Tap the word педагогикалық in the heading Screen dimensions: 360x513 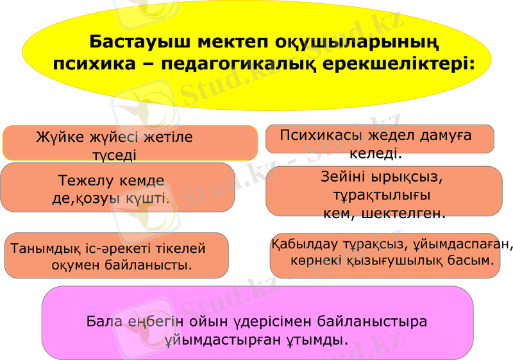tap(231, 65)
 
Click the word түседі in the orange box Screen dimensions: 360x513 tap(114, 155)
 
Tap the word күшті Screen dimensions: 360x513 tap(147, 198)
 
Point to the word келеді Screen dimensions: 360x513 tap(375, 154)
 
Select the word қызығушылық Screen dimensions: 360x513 tap(401, 261)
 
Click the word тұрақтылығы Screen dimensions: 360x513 tap(382, 194)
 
